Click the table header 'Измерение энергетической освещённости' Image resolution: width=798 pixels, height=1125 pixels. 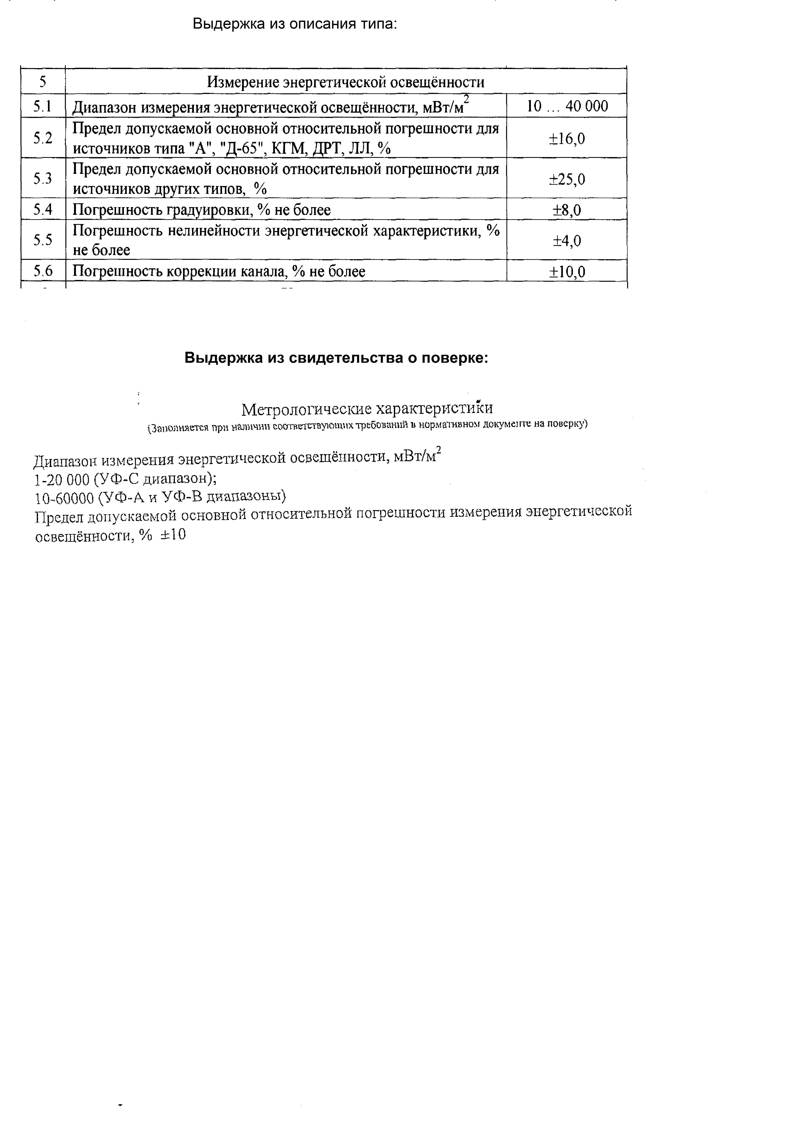point(345,82)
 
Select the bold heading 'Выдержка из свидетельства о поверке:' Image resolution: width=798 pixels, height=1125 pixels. point(336,358)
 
